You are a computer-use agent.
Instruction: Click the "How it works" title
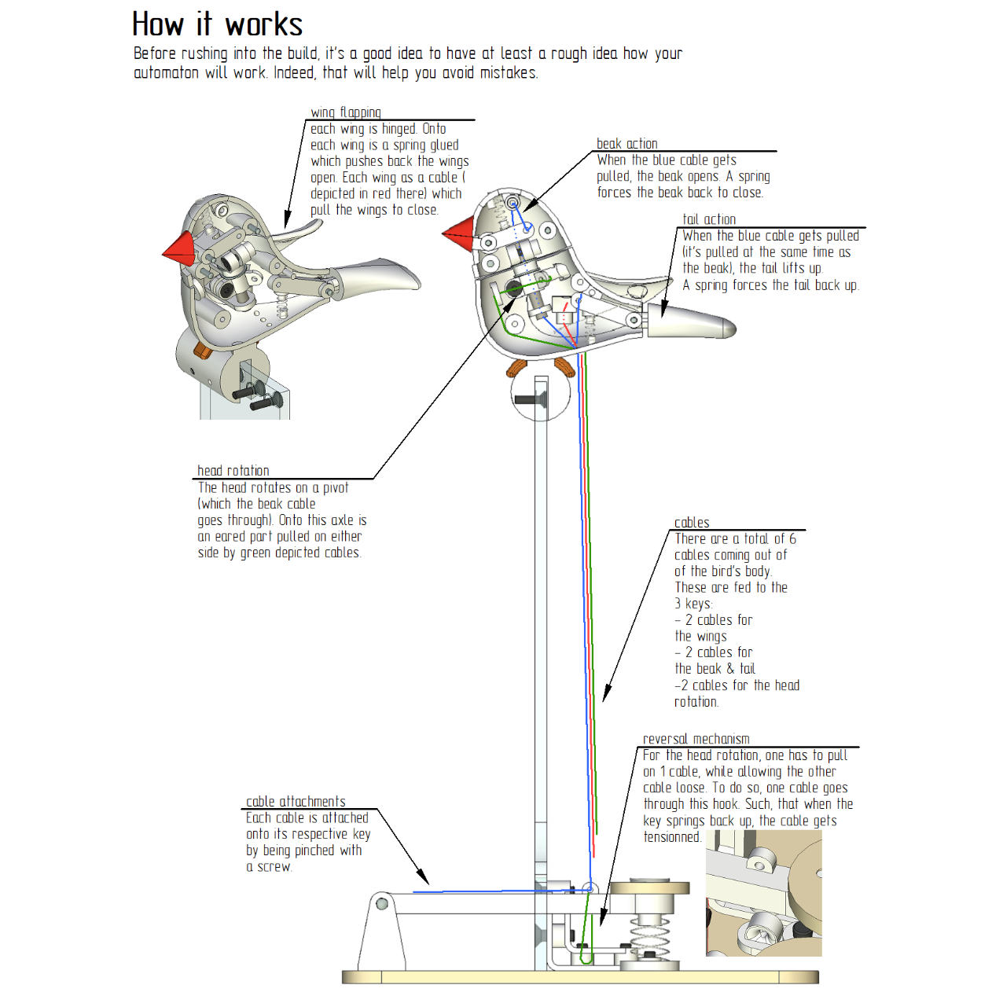pyautogui.click(x=217, y=24)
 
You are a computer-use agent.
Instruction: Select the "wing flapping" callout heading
pyautogui.click(x=346, y=112)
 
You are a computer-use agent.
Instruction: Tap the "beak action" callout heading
pyautogui.click(x=626, y=143)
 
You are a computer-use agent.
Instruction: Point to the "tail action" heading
pyautogui.click(x=709, y=219)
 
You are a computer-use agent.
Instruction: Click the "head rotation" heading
pyautogui.click(x=233, y=471)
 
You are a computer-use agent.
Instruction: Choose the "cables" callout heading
pyautogui.click(x=692, y=522)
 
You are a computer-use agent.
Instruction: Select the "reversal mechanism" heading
pyautogui.click(x=696, y=739)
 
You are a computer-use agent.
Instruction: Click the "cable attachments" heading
pyautogui.click(x=296, y=801)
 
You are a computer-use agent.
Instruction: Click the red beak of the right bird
pyautogui.click(x=458, y=233)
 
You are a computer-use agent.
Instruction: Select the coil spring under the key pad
pyautogui.click(x=649, y=931)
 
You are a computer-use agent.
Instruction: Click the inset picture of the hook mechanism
pyautogui.click(x=763, y=893)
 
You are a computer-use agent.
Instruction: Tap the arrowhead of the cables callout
pyautogui.click(x=607, y=693)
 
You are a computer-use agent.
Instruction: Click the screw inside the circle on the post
pyautogui.click(x=530, y=400)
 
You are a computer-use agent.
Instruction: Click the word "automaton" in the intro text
pyautogui.click(x=166, y=72)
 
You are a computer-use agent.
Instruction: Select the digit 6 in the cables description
pyautogui.click(x=792, y=538)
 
